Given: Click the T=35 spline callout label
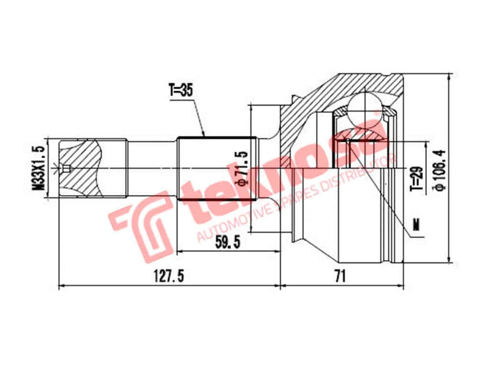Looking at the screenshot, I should pyautogui.click(x=181, y=90).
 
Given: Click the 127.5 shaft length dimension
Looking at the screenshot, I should pyautogui.click(x=168, y=277).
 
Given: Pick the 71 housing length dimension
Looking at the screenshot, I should pyautogui.click(x=341, y=277).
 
